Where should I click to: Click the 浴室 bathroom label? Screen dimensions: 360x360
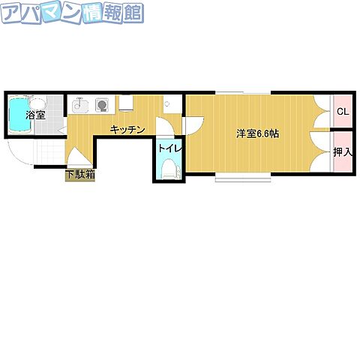click(35, 115)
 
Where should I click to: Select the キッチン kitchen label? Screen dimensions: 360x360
click(127, 130)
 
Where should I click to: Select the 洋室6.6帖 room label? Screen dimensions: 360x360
click(257, 133)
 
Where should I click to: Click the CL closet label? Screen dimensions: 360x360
click(342, 112)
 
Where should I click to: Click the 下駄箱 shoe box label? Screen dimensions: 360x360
click(79, 175)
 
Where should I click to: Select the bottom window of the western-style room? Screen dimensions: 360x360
click(243, 179)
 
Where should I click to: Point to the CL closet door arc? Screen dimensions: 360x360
click(323, 112)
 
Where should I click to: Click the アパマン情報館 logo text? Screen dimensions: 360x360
click(73, 13)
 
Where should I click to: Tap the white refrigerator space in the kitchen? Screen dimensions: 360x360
click(125, 103)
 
